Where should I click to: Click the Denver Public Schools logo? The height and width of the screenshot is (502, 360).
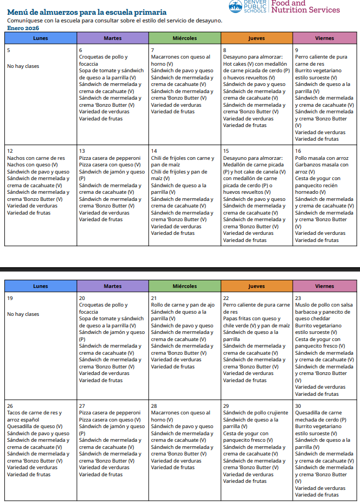pos(248,7)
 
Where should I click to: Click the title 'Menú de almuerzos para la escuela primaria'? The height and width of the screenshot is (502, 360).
pos(87,12)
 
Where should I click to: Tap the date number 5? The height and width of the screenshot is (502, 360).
pos(8,50)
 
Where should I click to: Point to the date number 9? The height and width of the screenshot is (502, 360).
pos(296,50)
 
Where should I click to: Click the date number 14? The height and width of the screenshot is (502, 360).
pos(154,151)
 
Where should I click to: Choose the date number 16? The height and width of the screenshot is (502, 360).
pos(298,151)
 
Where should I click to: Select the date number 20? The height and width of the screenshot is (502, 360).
pos(82,298)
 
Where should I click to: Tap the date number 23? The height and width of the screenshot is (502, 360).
pos(298,298)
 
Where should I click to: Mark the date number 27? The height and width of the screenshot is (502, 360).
pos(82,406)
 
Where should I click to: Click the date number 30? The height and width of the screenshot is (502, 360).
pos(298,406)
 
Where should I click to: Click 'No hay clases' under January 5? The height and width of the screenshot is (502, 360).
pos(23,66)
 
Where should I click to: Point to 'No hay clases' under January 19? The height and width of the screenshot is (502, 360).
pos(23,314)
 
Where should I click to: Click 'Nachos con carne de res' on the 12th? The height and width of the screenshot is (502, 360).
pos(36,158)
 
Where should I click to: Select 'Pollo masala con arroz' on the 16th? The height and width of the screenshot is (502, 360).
pos(321,158)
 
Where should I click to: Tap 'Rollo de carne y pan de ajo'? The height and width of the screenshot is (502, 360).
pos(182,305)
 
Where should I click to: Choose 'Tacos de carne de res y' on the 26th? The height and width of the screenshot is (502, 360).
pos(34,413)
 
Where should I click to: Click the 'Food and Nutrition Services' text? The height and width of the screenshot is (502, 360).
pos(305,7)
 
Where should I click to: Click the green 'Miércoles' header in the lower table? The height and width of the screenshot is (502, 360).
pos(185,286)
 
